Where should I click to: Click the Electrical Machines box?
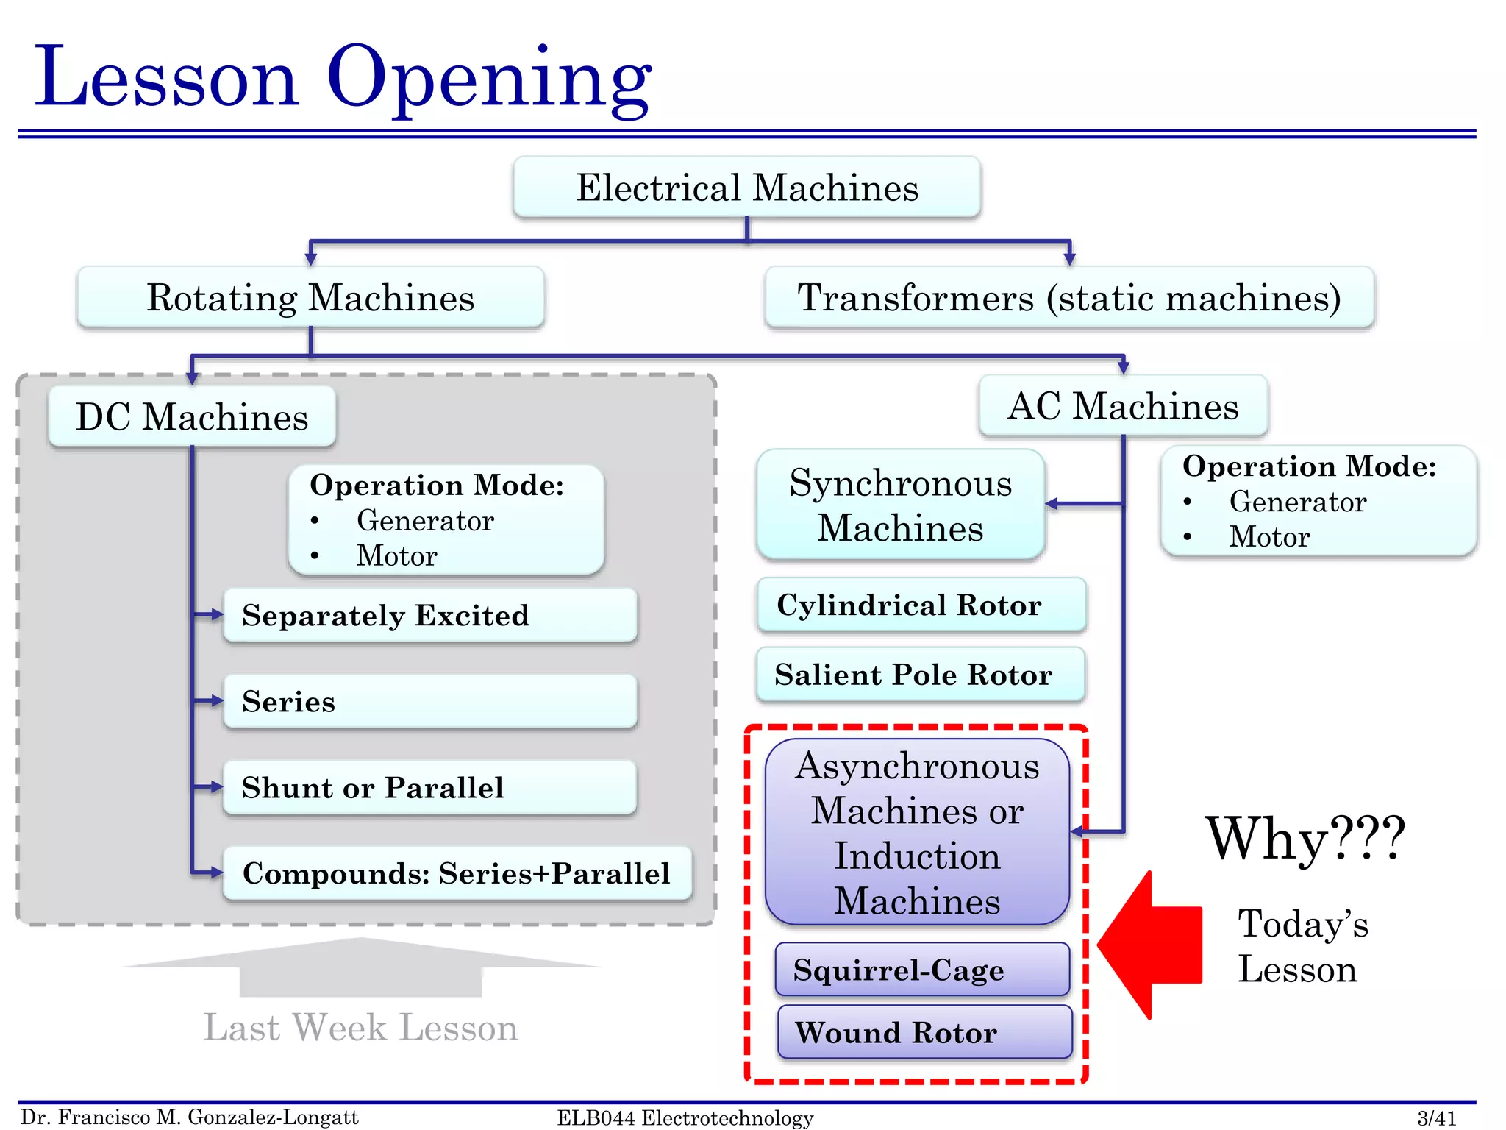tap(747, 188)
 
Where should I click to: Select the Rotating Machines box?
tap(310, 298)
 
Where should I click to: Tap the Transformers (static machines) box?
tap(1069, 298)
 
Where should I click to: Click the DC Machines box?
tap(192, 417)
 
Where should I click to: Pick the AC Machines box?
tap(1123, 406)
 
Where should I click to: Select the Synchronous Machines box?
tap(900, 505)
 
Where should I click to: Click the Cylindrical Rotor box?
tap(921, 605)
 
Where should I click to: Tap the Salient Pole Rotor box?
tap(921, 675)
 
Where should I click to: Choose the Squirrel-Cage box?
tap(922, 970)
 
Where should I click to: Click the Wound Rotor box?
tap(924, 1032)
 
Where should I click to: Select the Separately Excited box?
tap(430, 616)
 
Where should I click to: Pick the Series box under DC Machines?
tap(430, 702)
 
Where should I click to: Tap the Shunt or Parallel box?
tap(430, 788)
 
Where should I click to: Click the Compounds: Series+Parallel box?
tap(457, 873)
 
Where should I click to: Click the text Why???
tap(1305, 839)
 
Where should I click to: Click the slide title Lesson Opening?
tap(343, 77)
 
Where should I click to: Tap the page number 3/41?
tap(1436, 1118)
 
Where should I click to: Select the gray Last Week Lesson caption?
tap(360, 1028)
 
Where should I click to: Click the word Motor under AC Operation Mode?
tap(1269, 537)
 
